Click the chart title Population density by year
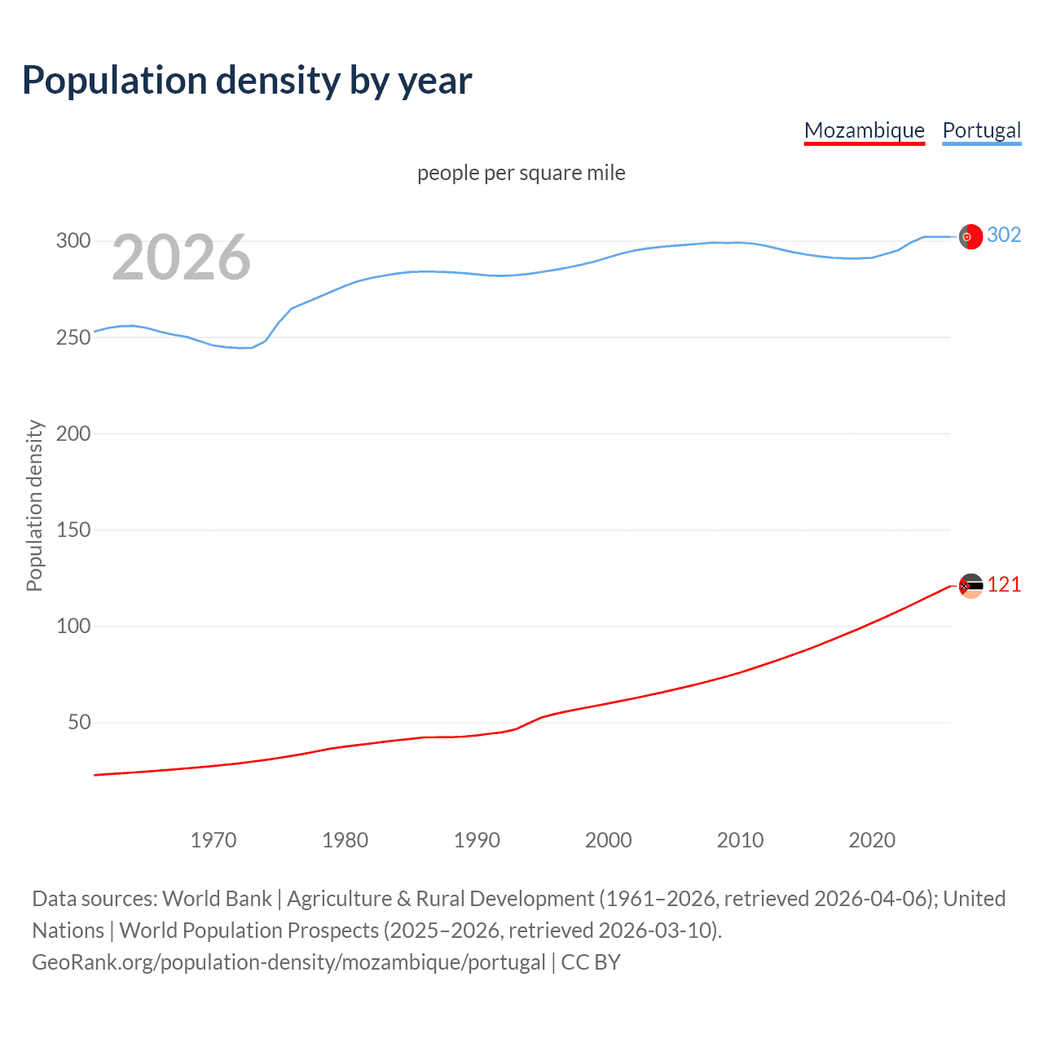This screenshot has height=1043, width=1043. tap(247, 81)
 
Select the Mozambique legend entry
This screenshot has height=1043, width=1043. tap(864, 130)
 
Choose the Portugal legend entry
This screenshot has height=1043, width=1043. tap(981, 130)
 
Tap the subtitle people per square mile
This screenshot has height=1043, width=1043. tap(521, 173)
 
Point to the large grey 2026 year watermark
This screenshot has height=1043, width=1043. tap(181, 258)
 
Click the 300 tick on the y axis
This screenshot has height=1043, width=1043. tap(73, 241)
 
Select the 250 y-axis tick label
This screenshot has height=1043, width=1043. tap(73, 337)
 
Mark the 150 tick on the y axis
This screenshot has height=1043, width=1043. tap(73, 530)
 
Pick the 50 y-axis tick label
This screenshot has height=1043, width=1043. tap(79, 723)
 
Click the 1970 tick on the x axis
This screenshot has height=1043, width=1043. tap(213, 840)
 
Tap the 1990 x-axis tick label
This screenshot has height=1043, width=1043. tap(477, 840)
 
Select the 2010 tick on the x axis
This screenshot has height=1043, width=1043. tap(740, 840)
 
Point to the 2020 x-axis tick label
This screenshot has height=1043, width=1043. tap(872, 840)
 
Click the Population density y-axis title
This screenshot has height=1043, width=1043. tap(34, 505)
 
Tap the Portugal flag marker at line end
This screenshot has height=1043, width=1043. tap(970, 236)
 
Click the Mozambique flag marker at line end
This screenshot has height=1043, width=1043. tap(970, 586)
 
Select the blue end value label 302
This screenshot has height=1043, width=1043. tap(1004, 235)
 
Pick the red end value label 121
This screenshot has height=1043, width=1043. tap(1004, 585)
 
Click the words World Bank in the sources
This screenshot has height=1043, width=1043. tap(217, 899)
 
